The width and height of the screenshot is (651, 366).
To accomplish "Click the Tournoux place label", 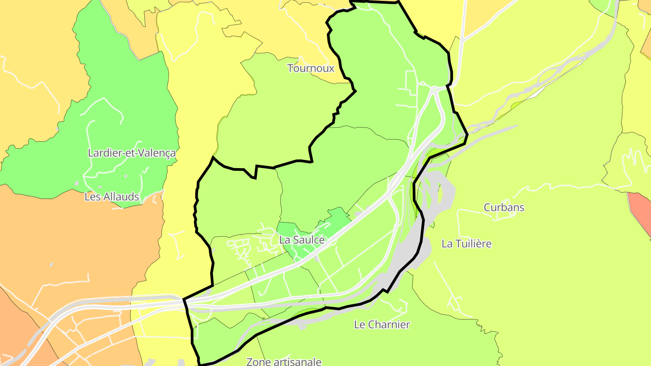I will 311,68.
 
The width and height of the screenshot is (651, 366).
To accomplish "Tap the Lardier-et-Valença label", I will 132,153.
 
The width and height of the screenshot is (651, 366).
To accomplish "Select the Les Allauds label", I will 112,197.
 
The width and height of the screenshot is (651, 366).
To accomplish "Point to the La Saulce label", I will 302,240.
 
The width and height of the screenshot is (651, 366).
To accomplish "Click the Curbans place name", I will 504,207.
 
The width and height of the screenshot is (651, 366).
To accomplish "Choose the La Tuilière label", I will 467,244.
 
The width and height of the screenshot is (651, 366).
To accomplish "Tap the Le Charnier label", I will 382,324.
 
